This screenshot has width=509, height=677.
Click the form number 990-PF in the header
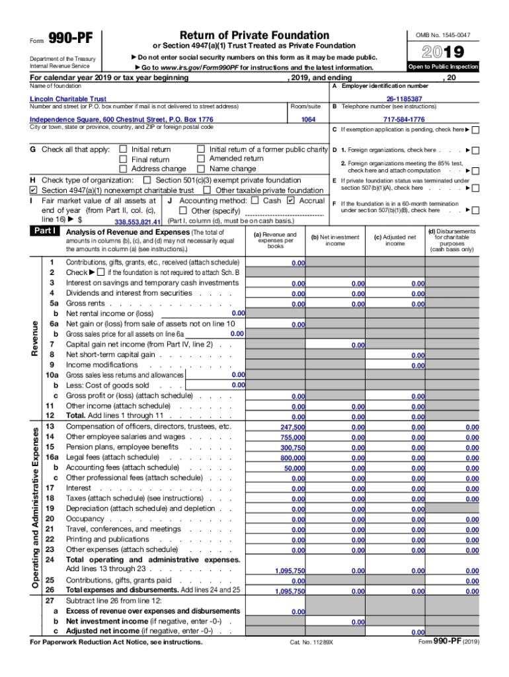coord(72,38)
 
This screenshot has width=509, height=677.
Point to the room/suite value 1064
coord(308,120)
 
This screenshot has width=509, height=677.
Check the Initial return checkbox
coord(123,149)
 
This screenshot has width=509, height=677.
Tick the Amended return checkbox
coord(201,159)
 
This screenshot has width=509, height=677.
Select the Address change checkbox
coord(123,169)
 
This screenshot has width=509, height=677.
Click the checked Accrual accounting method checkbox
coord(292,200)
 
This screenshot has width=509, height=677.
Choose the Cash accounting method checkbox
coord(255,200)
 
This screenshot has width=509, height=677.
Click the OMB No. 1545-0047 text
coord(443,34)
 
